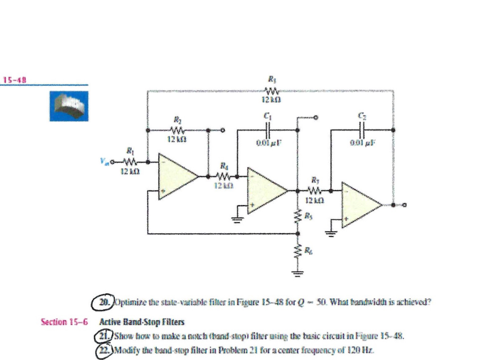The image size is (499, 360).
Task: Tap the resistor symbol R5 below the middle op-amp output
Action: tap(296, 218)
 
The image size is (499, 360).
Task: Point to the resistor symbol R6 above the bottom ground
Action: tap(296, 251)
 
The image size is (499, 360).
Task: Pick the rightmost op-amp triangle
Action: tap(362, 205)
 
